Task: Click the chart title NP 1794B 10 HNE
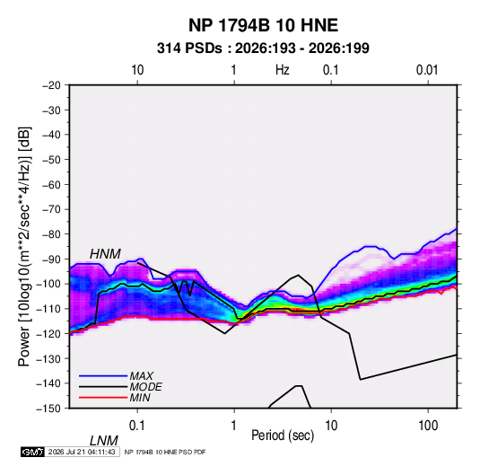(x=263, y=25)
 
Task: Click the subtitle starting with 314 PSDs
(x=263, y=48)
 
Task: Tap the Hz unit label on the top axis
(x=283, y=70)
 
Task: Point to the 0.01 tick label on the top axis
(x=427, y=70)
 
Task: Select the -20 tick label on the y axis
(x=51, y=85)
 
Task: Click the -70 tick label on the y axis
(x=51, y=209)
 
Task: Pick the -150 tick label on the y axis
(x=48, y=409)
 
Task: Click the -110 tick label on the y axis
(x=48, y=309)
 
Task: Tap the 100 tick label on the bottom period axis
(x=428, y=426)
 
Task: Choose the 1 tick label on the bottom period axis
(x=234, y=426)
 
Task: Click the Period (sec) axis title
(x=283, y=435)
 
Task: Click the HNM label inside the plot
(x=105, y=254)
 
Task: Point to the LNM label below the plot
(x=104, y=441)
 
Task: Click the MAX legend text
(x=141, y=376)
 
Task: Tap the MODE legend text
(x=145, y=387)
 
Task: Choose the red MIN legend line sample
(x=103, y=398)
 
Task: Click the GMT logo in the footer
(x=32, y=452)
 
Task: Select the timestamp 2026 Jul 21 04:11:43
(x=82, y=452)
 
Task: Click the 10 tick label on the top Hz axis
(x=137, y=70)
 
